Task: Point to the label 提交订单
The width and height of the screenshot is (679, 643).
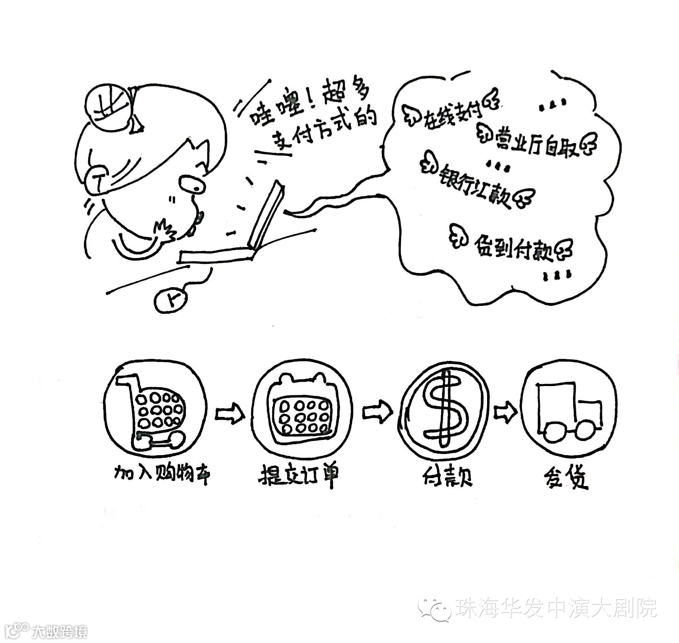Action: (299, 476)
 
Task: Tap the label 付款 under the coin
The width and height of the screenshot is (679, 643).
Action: (447, 476)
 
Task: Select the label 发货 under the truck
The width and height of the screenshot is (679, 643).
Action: (565, 477)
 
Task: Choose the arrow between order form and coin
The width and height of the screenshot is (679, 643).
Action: (377, 412)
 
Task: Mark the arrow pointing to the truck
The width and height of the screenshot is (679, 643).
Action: (505, 412)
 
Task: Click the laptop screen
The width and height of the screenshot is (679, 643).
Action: (266, 216)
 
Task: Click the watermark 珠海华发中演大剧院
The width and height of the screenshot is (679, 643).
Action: (556, 607)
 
